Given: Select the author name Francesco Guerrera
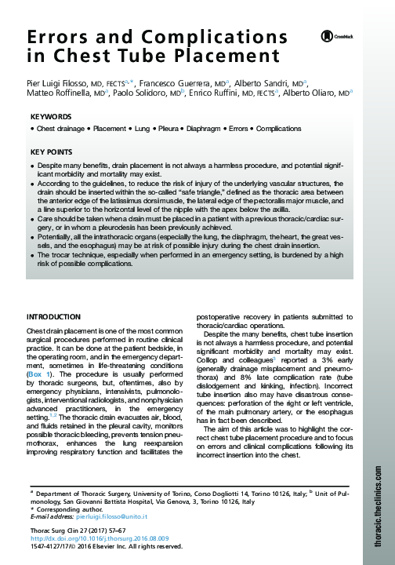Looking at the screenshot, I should tap(176, 82).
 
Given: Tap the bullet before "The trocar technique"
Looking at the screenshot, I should tap(30, 256).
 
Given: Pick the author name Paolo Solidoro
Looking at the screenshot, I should tap(144, 93).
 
